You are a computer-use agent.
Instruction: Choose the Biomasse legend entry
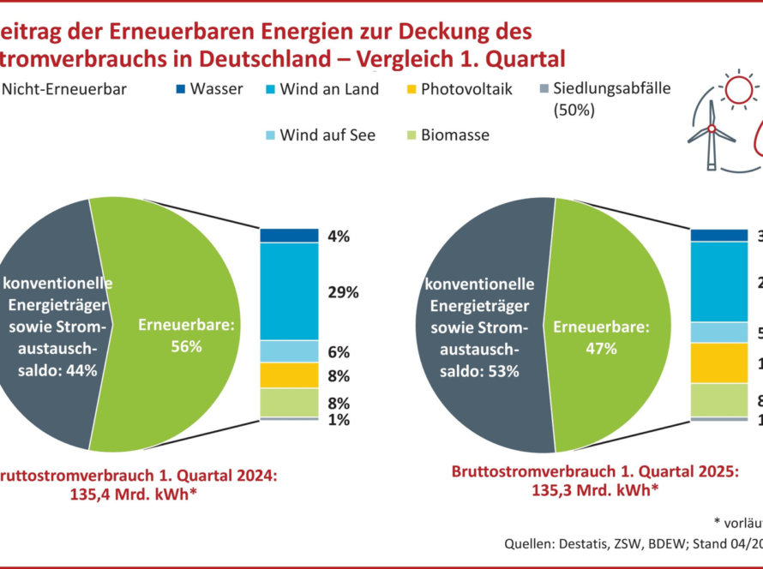pyautogui.click(x=454, y=135)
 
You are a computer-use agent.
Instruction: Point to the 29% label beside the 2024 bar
pyautogui.click(x=343, y=292)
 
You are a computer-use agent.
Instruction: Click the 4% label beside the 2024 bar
pyautogui.click(x=339, y=237)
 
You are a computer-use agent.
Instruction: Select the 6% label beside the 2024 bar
pyautogui.click(x=339, y=352)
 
